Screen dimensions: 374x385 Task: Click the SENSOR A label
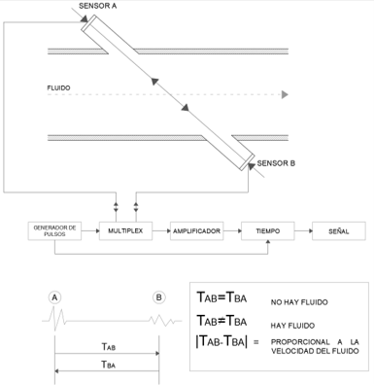(97, 6)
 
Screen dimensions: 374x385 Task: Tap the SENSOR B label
(276, 163)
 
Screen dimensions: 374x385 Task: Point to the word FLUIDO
(58, 87)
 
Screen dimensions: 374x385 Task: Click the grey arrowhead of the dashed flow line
(285, 94)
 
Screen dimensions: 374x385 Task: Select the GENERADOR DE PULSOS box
(54, 231)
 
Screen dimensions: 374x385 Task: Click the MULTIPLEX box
(125, 231)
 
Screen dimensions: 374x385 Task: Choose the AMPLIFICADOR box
(196, 231)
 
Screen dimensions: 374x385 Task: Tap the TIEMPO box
(268, 231)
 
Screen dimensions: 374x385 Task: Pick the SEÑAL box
(339, 231)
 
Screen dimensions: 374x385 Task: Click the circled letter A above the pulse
(55, 297)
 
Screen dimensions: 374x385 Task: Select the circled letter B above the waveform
(158, 297)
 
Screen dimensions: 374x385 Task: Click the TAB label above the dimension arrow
(109, 346)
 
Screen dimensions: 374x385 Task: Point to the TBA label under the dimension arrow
(109, 365)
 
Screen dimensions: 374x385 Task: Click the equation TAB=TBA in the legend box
(221, 297)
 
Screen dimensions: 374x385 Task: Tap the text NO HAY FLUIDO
(299, 302)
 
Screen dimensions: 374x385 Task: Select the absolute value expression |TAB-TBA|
(221, 341)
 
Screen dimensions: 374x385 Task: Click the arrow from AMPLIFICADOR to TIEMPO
(232, 231)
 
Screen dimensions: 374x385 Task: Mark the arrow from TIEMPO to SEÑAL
(303, 231)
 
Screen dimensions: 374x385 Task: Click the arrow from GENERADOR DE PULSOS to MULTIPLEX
(90, 231)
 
